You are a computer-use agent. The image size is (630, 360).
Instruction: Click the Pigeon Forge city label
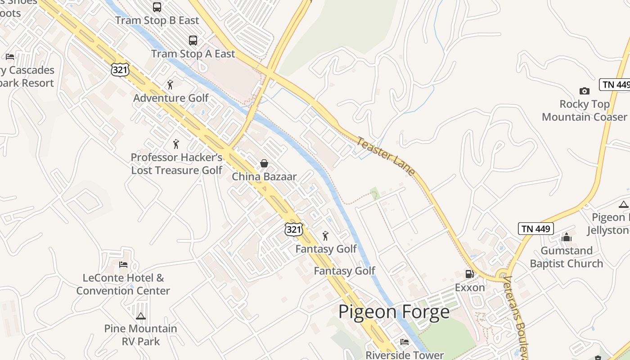point(394,312)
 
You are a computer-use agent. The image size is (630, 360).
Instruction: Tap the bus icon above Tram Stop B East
point(157,7)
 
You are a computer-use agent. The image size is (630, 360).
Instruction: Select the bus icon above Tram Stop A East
point(193,40)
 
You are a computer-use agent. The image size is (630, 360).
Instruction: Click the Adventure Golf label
point(171,98)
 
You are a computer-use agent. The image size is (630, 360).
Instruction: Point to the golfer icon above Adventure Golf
point(170,85)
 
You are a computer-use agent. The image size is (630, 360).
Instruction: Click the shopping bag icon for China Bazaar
point(264,163)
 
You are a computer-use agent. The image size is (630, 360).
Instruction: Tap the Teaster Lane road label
point(386,156)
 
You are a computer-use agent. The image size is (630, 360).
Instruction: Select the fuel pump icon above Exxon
point(469,274)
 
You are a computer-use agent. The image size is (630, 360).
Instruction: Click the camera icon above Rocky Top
point(584,91)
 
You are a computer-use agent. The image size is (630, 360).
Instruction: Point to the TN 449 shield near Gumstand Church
point(535,229)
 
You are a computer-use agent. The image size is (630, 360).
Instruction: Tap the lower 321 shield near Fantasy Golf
point(293,229)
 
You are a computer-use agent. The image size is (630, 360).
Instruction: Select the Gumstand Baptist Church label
point(566,257)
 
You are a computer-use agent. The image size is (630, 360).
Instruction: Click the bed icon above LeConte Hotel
point(123,265)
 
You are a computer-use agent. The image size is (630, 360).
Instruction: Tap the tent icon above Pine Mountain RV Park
point(141,316)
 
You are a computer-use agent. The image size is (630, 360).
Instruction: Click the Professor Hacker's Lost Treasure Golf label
point(176,164)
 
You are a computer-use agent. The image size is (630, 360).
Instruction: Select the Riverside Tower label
point(404,355)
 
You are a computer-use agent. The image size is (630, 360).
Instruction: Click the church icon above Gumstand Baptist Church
point(566,237)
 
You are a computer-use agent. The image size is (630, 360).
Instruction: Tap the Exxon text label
point(470,288)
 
